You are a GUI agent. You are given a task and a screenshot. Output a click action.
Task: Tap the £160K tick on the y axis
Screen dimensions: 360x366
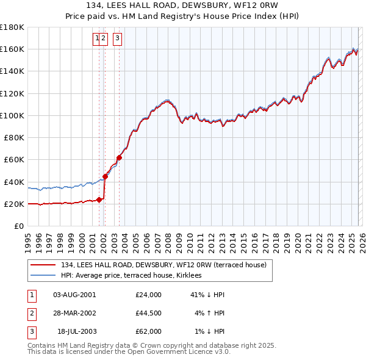tap(12, 49)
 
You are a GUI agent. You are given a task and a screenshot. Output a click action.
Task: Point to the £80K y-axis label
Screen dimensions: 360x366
tap(14, 137)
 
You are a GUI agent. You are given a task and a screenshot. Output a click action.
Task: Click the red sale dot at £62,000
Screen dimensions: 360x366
tap(119, 157)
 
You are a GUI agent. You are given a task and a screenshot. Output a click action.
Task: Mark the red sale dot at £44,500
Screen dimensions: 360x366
tap(105, 177)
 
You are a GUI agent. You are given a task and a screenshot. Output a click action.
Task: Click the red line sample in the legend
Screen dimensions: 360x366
tap(43, 265)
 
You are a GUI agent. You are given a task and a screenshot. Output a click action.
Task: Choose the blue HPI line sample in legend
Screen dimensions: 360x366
tap(43, 276)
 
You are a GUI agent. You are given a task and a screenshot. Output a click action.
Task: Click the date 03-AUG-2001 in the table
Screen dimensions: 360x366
tap(74, 295)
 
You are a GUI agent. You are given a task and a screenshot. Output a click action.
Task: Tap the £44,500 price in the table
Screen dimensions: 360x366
tap(149, 313)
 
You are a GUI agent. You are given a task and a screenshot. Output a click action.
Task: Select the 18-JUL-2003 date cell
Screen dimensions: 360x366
tap(76, 331)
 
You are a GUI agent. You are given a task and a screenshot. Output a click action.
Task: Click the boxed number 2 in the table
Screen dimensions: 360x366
tap(31, 313)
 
